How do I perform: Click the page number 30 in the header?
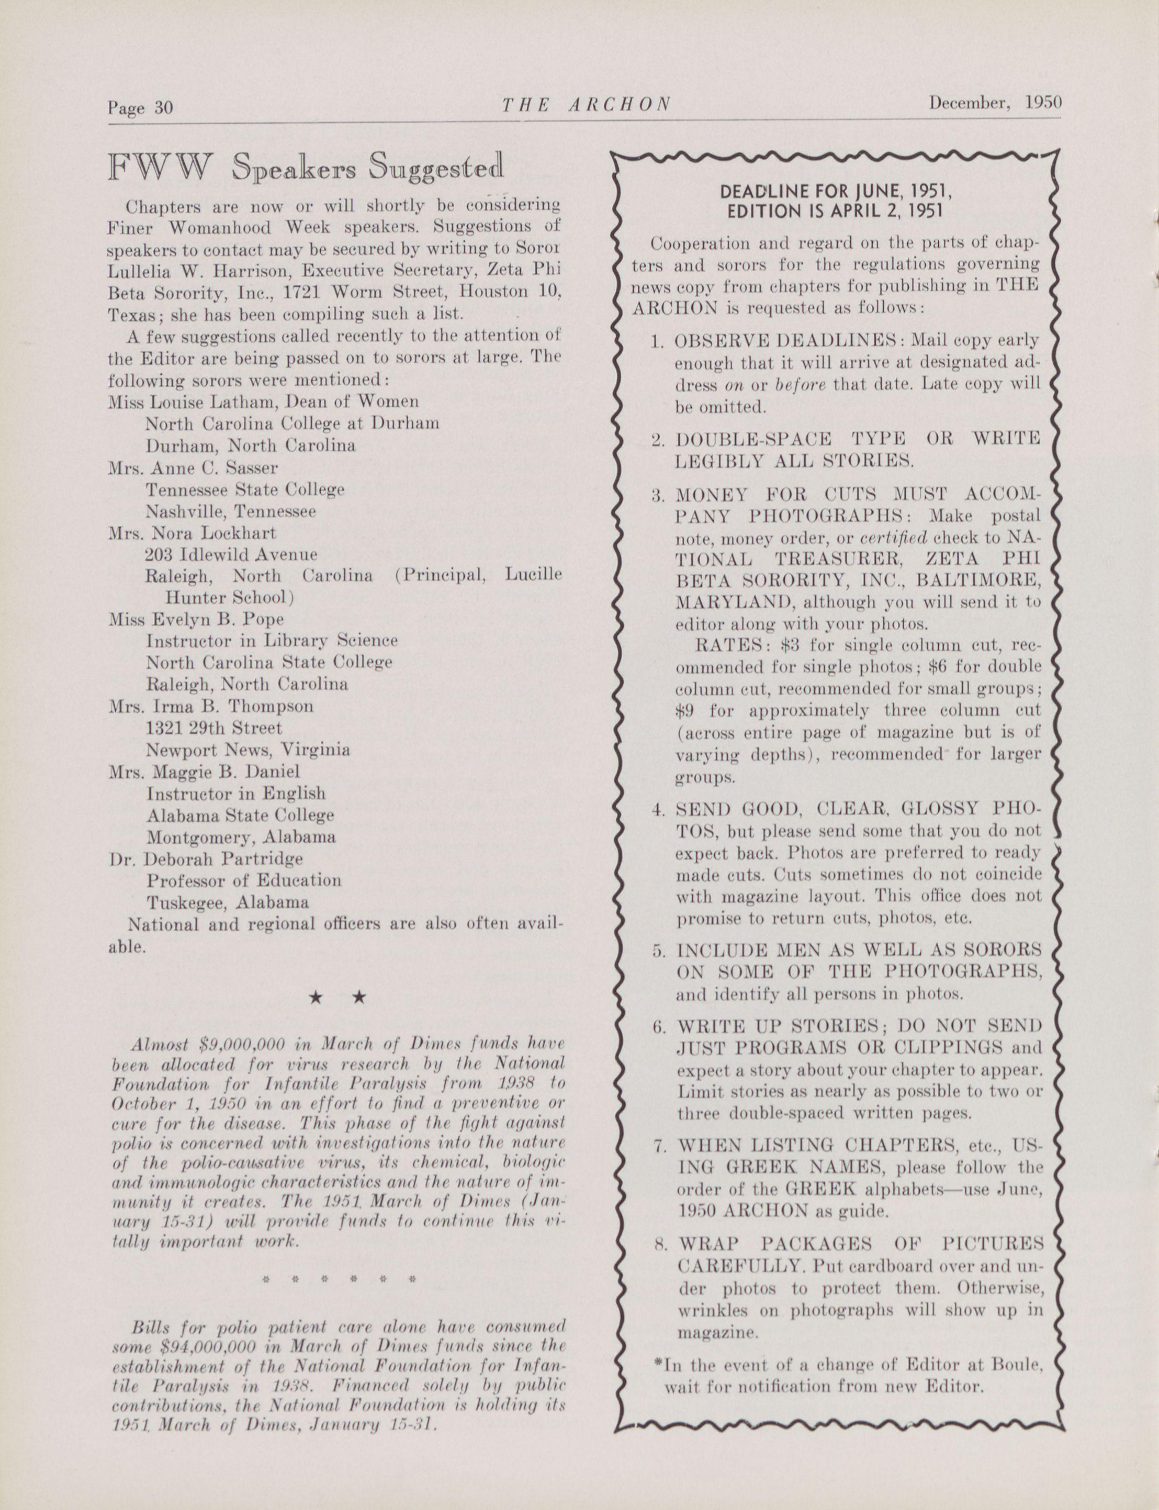pyautogui.click(x=163, y=107)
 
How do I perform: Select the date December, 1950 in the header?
pyautogui.click(x=994, y=103)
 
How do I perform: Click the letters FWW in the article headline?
pyautogui.click(x=160, y=168)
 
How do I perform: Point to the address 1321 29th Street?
pyautogui.click(x=214, y=728)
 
